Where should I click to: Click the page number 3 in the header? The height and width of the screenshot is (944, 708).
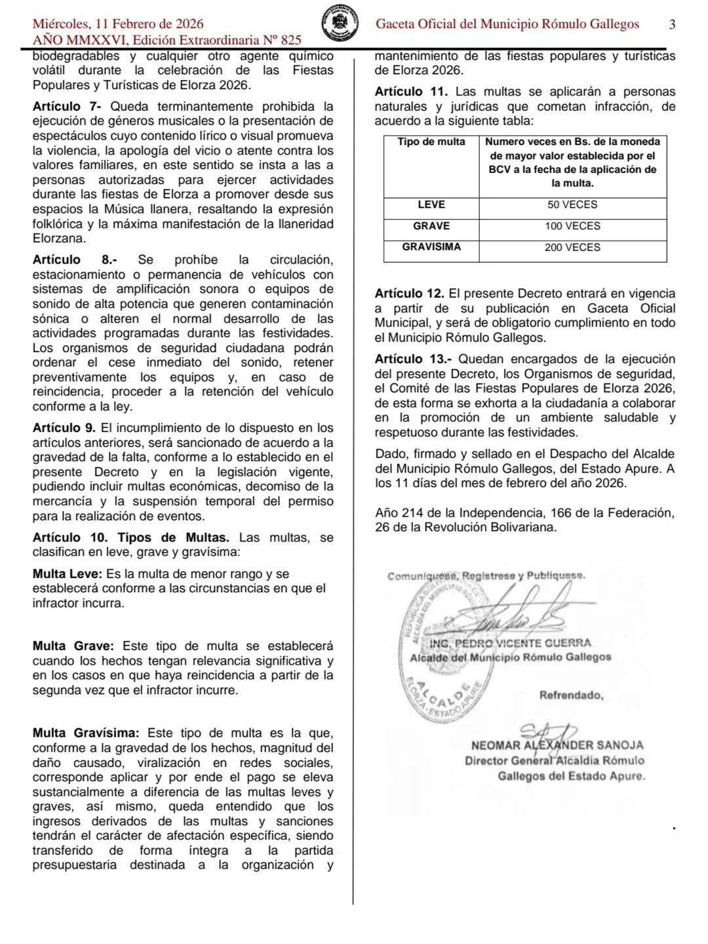tap(672, 25)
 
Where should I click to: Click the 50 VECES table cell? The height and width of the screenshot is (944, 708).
tap(572, 205)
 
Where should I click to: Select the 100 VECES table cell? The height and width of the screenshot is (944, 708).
tap(572, 226)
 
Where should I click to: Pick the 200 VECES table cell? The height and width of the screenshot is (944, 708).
tap(572, 248)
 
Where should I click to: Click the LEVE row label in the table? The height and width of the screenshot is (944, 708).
tap(431, 205)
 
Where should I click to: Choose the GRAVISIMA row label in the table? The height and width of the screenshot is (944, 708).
tap(431, 247)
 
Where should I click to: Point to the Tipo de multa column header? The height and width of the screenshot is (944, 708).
tap(431, 142)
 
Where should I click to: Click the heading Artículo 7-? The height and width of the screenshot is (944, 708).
tap(68, 106)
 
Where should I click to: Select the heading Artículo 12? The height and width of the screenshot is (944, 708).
tap(410, 294)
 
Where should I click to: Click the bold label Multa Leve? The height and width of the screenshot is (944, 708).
tap(68, 574)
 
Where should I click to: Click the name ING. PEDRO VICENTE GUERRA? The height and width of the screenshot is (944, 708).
tap(510, 643)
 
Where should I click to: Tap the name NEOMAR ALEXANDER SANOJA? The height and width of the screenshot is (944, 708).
tap(557, 745)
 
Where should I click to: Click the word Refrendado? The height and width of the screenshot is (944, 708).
tap(571, 695)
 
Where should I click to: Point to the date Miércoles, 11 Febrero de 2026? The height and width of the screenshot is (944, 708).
tap(118, 25)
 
